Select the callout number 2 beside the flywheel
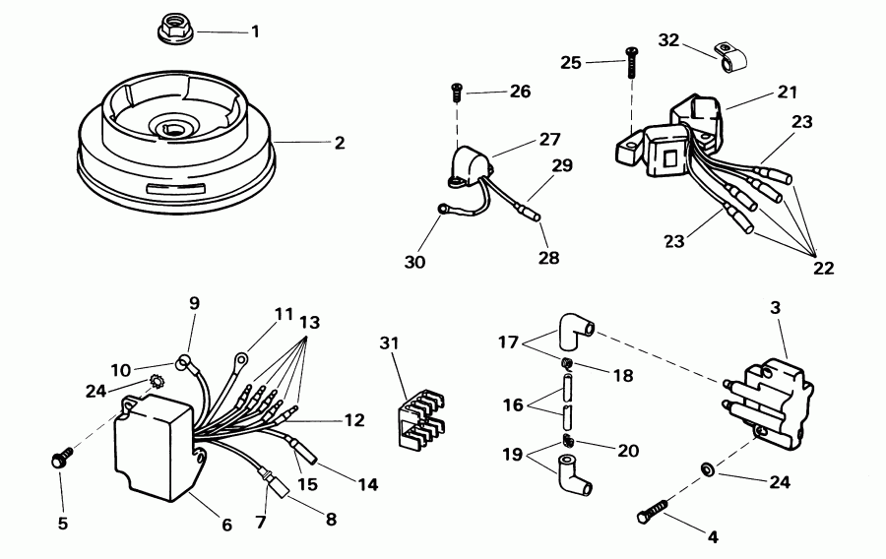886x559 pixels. coord(339,143)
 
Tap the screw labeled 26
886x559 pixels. coord(457,93)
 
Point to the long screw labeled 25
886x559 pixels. coord(631,63)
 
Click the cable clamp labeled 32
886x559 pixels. coord(729,57)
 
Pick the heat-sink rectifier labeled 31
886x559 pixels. coord(418,418)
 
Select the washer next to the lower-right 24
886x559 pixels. coord(707,469)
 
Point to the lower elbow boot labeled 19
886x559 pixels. coord(574,475)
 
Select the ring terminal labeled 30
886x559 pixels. coord(441,210)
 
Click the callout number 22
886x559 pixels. coord(823,267)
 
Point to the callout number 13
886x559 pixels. coord(310,323)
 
